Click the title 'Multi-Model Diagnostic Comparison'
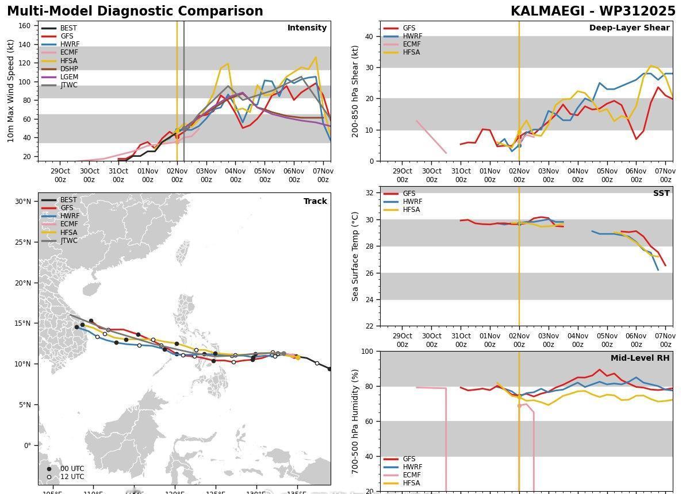[x=135, y=11]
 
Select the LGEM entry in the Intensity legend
[x=69, y=77]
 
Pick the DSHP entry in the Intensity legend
[x=69, y=69]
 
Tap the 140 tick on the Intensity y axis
[x=25, y=44]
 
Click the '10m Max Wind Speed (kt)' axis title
[x=10, y=91]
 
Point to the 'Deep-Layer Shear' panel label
[x=629, y=28]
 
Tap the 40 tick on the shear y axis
[x=370, y=37]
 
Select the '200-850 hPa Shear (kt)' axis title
[x=355, y=91]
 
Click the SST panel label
[x=661, y=193]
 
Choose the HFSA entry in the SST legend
[x=411, y=210]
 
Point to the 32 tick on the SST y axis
[x=370, y=193]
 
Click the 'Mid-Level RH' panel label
[x=639, y=358]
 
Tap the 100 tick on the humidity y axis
[x=367, y=351]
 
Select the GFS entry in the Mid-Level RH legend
[x=409, y=459]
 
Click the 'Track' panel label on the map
[x=315, y=201]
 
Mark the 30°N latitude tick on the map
[x=23, y=201]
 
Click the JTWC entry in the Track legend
[x=68, y=241]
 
